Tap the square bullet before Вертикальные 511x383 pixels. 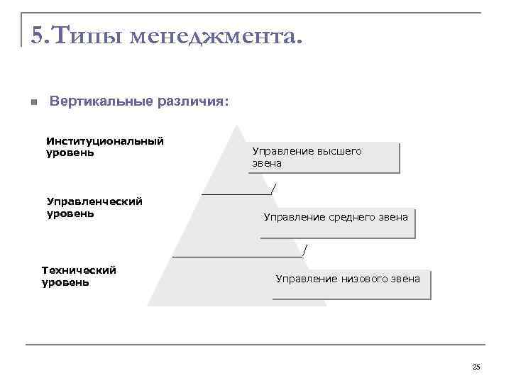pyautogui.click(x=33, y=102)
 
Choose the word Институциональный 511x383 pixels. pyautogui.click(x=105, y=141)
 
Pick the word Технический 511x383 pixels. pyautogui.click(x=79, y=270)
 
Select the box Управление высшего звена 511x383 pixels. pyautogui.click(x=325, y=157)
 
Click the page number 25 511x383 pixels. pyautogui.click(x=476, y=367)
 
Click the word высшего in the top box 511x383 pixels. pyautogui.click(x=339, y=151)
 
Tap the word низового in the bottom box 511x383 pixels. pyautogui.click(x=364, y=279)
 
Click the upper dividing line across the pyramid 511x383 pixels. pyautogui.click(x=236, y=193)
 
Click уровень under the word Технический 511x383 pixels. pyautogui.click(x=65, y=282)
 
